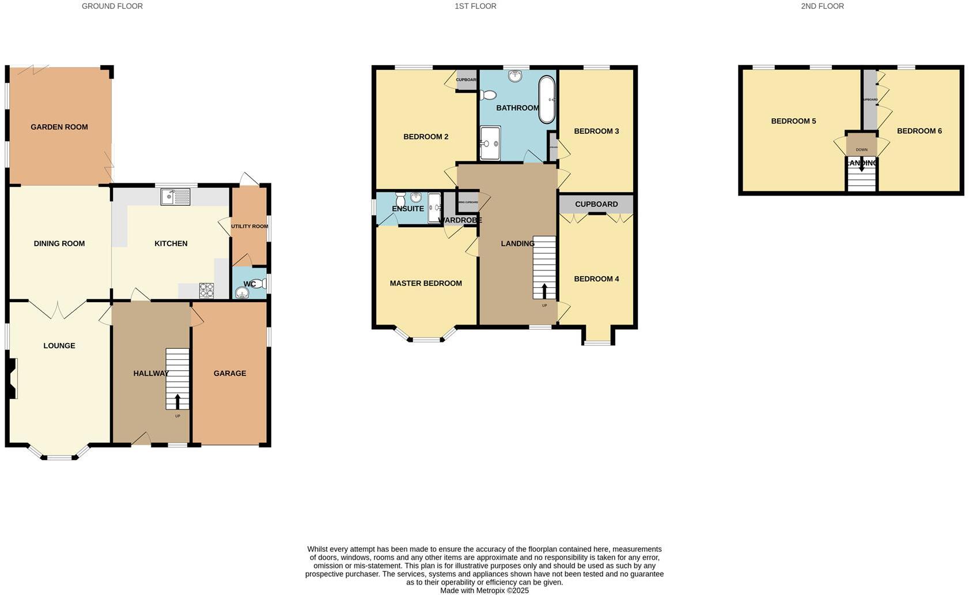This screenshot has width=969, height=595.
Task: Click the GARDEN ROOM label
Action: click(59, 127)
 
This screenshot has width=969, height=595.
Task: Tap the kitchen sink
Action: click(175, 197)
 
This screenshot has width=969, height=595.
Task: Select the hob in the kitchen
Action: click(206, 290)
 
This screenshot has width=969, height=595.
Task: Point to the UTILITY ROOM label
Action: click(249, 226)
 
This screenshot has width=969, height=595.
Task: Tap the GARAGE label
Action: click(230, 373)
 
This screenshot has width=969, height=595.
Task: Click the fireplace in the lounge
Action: click(13, 378)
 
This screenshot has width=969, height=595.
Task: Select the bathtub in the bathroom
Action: click(547, 100)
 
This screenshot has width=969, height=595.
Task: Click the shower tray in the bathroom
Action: click(490, 142)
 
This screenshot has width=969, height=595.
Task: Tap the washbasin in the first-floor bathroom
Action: click(516, 76)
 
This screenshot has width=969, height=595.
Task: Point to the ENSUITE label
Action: click(408, 209)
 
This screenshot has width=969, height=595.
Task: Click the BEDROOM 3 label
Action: click(596, 131)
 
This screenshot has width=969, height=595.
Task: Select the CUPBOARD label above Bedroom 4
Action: click(596, 204)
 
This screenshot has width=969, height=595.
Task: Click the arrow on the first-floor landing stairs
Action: click(544, 290)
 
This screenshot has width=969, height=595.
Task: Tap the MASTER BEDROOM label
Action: click(426, 283)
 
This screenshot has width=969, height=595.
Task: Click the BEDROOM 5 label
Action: click(793, 121)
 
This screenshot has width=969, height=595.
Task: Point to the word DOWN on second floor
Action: click(861, 150)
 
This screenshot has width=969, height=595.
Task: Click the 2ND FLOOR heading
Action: click(822, 6)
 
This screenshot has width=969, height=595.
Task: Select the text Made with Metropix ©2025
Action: click(484, 590)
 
